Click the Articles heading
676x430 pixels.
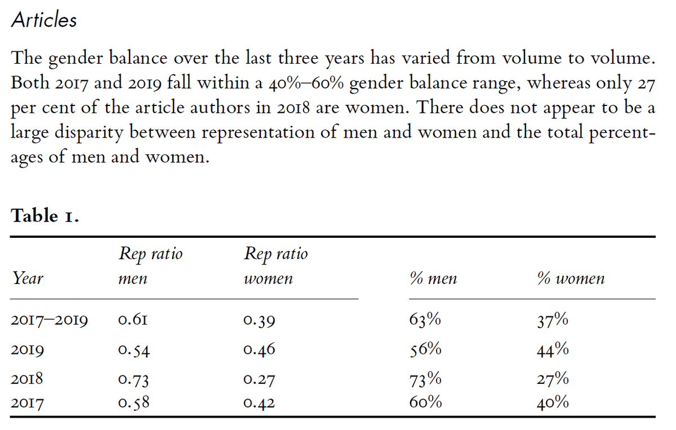[44, 20]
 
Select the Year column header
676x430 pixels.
[28, 278]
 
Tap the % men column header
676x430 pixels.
[433, 278]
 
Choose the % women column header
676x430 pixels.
[571, 278]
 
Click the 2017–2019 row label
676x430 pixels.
[49, 321]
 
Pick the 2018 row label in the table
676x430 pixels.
[28, 379]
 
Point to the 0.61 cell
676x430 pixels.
[134, 321]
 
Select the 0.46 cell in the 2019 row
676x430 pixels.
[260, 350]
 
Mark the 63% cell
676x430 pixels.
[425, 320]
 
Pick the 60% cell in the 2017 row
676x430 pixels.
[425, 403]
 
